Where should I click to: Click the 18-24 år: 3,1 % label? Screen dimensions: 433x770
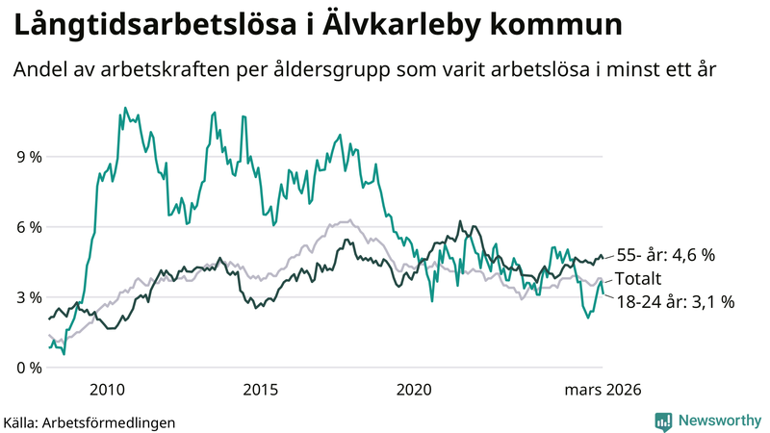point(676,302)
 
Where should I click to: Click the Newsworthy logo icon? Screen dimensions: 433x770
point(663,420)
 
